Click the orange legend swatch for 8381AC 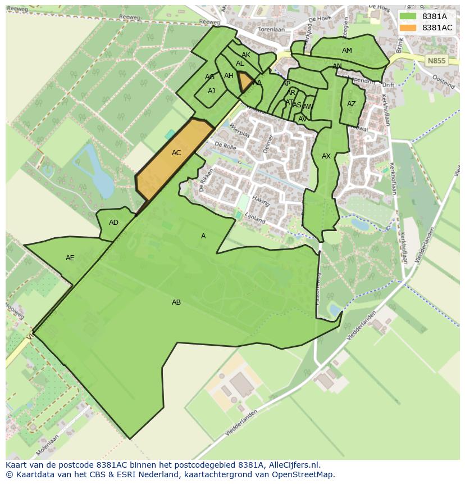pyautogui.click(x=408, y=28)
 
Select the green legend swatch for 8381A pyautogui.click(x=408, y=16)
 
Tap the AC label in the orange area pyautogui.click(x=176, y=153)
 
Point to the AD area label pyautogui.click(x=113, y=223)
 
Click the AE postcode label pyautogui.click(x=70, y=258)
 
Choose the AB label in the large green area pyautogui.click(x=176, y=302)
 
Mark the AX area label pyautogui.click(x=326, y=156)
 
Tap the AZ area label pyautogui.click(x=352, y=104)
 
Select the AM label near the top pyautogui.click(x=347, y=51)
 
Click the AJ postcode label pyautogui.click(x=211, y=91)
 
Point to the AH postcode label pyautogui.click(x=229, y=76)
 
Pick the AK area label pyautogui.click(x=246, y=55)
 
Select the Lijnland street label pyautogui.click(x=254, y=218)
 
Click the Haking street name pyautogui.click(x=261, y=200)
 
